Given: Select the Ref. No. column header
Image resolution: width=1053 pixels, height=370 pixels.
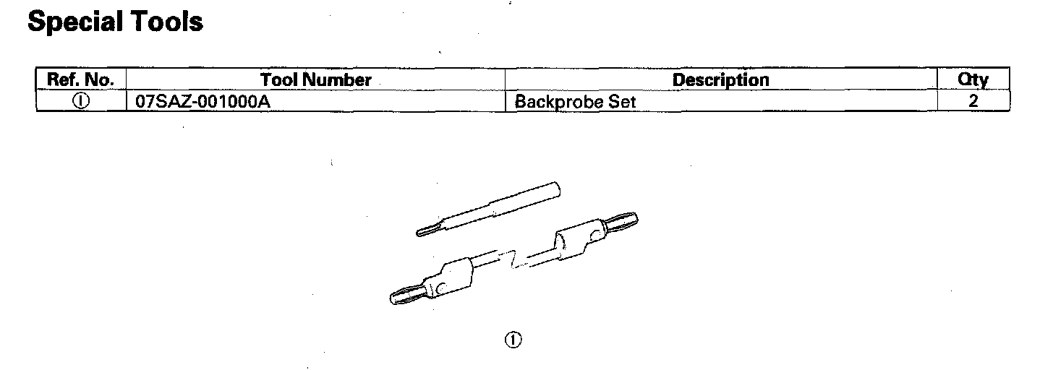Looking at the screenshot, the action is point(80,79).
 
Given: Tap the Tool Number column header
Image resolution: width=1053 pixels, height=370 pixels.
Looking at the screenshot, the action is point(315,79).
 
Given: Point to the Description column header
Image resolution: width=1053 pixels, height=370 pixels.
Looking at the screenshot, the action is point(720,79).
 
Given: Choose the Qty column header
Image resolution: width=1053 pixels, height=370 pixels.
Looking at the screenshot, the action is point(973,79).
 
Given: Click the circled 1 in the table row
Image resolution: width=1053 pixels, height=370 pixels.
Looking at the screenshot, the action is point(80,101).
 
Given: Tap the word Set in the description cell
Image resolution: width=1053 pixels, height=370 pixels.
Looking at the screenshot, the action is point(621,102).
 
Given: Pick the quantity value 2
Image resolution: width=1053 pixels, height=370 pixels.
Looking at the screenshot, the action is point(973,101).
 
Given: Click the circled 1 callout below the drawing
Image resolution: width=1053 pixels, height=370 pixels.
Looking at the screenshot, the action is point(513,340).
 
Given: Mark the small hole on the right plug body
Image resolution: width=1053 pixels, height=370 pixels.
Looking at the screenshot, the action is point(595,234).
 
